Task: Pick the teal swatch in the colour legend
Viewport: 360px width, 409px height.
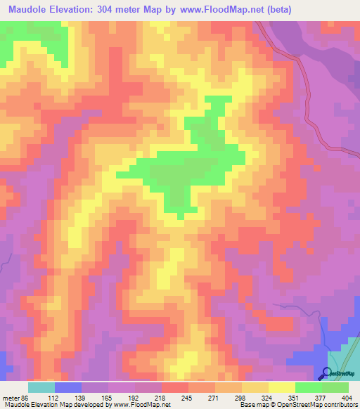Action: [x=41, y=387]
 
